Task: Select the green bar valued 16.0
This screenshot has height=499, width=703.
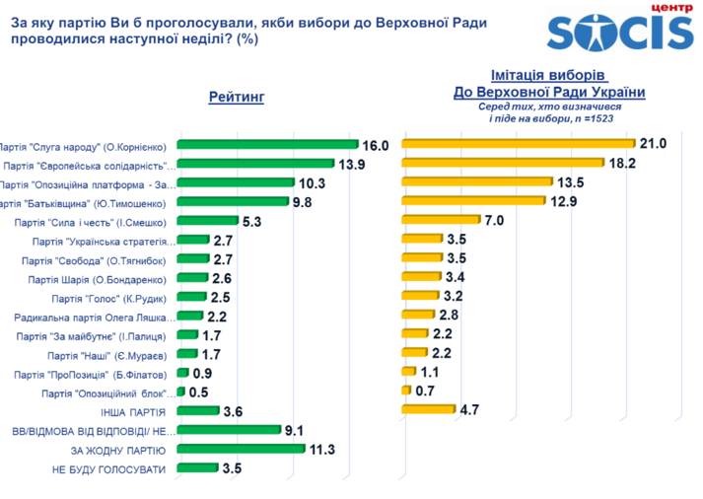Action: (x=267, y=145)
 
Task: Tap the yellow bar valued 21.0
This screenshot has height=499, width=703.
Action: (x=517, y=144)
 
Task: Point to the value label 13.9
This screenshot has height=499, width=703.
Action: (x=353, y=164)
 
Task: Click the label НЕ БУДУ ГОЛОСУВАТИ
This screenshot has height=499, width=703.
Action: (x=108, y=468)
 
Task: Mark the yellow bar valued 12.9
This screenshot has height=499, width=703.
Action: (x=474, y=200)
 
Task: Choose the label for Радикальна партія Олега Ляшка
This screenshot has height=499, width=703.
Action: (x=97, y=318)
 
